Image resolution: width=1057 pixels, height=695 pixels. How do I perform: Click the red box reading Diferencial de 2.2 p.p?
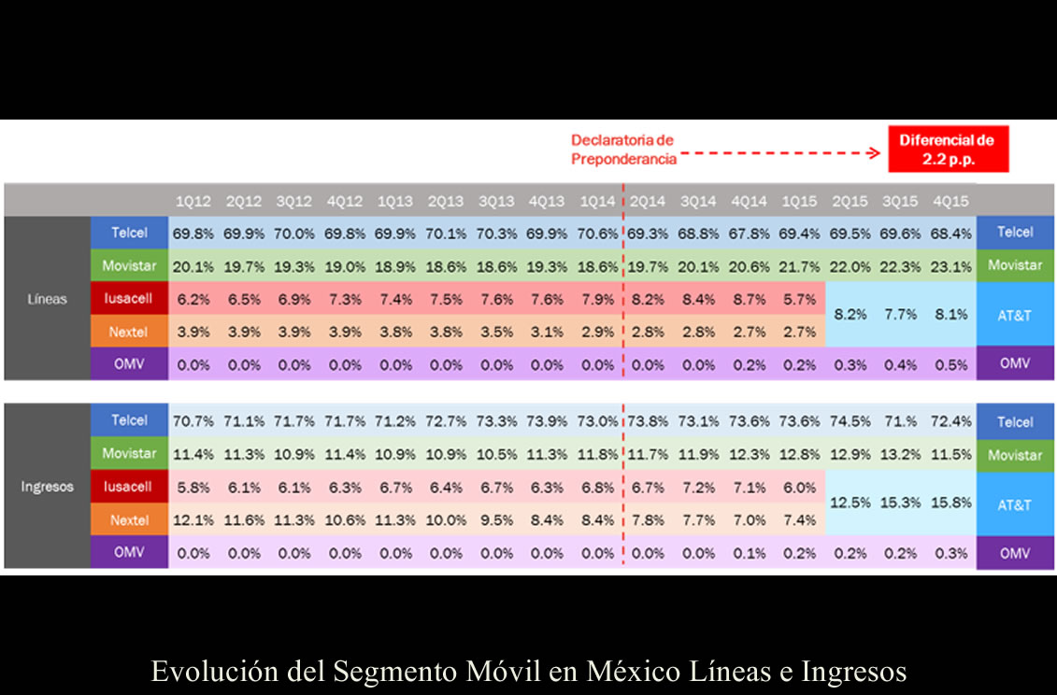(947, 149)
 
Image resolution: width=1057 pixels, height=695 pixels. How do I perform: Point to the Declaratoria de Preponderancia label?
(622, 149)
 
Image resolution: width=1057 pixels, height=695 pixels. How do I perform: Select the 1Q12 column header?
(193, 201)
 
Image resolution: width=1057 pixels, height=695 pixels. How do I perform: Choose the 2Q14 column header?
(647, 201)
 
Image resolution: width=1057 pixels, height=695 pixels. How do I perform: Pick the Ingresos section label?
(47, 487)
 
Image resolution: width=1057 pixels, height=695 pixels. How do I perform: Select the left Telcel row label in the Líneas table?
(129, 233)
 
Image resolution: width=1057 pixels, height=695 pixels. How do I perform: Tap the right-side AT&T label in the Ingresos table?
(1014, 504)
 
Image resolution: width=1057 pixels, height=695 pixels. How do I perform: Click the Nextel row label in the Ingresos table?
(129, 520)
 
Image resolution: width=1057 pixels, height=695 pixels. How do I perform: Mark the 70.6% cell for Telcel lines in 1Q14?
(596, 234)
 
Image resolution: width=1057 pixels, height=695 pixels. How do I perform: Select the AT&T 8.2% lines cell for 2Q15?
(850, 316)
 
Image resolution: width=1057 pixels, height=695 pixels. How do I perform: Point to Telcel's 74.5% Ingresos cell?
(850, 421)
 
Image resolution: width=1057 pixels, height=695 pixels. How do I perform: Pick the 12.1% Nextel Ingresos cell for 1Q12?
(193, 520)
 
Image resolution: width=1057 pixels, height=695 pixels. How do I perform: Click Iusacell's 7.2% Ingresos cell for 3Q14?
(698, 488)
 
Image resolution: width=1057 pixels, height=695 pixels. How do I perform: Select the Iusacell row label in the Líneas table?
(129, 298)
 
